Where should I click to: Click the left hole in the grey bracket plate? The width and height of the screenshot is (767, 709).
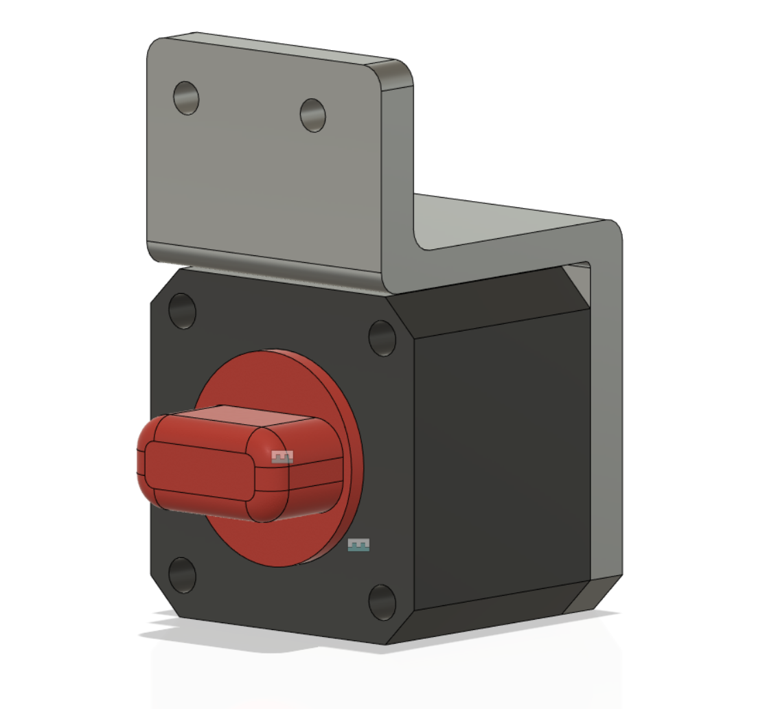186,98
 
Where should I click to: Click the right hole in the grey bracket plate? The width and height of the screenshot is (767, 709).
313,115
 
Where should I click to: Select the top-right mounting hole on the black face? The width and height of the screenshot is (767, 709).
382,338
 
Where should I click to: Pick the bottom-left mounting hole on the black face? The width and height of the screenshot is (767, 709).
182,575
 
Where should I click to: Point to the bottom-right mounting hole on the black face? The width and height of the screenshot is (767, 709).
382,602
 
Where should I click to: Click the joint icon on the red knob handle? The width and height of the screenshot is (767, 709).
282,456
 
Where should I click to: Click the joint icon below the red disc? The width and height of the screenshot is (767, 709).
358,545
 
